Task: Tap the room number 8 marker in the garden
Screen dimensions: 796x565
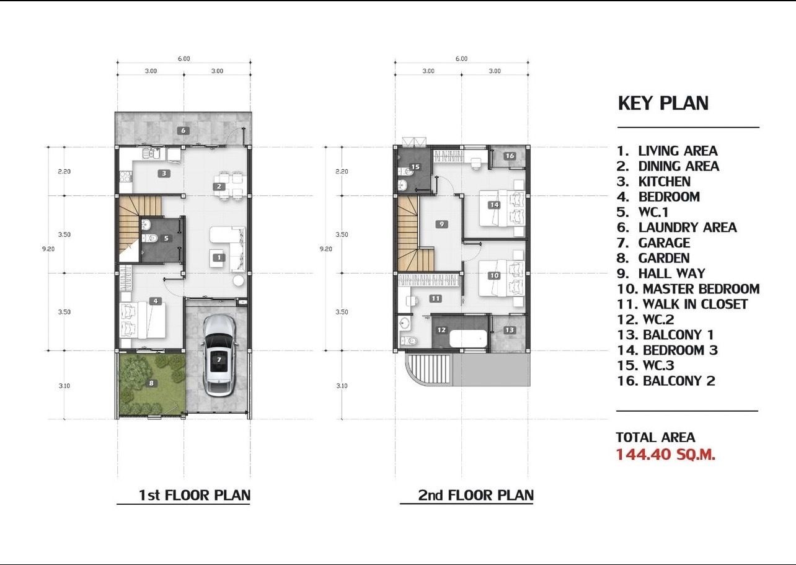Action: coord(151,383)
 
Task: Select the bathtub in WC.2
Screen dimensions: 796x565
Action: coord(467,339)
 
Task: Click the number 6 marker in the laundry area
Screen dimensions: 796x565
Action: coord(183,130)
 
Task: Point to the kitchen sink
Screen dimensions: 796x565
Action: coord(151,153)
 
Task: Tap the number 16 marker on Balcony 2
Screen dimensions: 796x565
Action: coord(510,156)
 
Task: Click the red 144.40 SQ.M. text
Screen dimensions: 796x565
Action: coord(665,455)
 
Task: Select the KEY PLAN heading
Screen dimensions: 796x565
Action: coord(663,103)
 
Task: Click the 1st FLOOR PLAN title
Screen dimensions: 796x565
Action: coord(195,495)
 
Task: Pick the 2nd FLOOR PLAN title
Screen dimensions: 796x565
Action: coord(476,495)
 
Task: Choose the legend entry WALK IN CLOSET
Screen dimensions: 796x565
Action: coord(695,305)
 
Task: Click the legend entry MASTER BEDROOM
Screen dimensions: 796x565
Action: coord(701,289)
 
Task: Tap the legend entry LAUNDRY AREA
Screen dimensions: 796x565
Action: coord(688,228)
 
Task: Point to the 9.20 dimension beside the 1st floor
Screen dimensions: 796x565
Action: coord(48,249)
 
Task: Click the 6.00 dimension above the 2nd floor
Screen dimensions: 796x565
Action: coord(461,59)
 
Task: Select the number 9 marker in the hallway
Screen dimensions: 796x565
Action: coord(441,224)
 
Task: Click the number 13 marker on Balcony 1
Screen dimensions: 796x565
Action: coord(510,330)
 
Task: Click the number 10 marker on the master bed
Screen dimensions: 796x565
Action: coord(494,275)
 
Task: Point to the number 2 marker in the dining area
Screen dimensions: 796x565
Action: coord(219,186)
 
